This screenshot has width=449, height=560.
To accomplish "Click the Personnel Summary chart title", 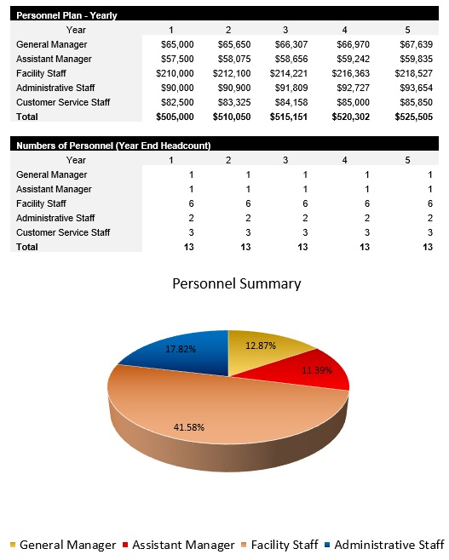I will coord(236,283).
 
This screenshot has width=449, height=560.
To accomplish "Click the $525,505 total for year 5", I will coord(414,117).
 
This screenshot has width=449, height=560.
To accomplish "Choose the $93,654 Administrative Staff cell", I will coord(414,88).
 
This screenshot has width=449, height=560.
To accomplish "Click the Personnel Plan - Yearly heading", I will coord(67,15).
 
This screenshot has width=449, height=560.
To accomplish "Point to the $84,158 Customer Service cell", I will coord(295,102).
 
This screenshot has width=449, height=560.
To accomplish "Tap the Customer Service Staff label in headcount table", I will coord(63,232).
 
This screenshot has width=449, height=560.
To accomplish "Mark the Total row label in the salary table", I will coord(27,117).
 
